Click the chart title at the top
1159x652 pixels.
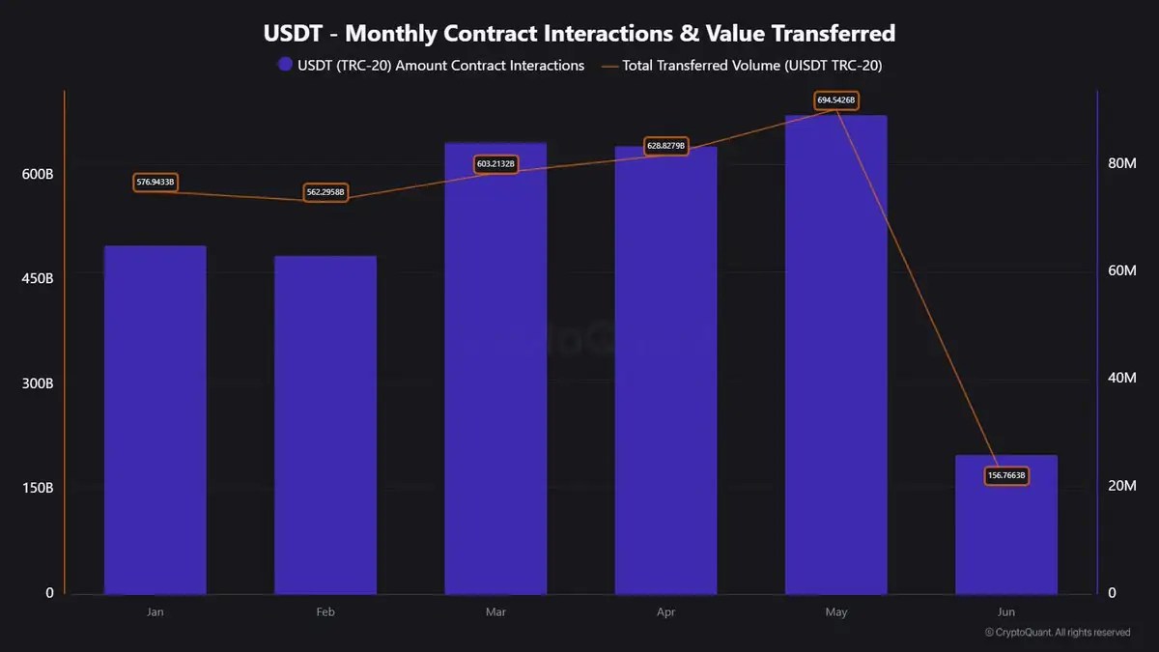tap(579, 34)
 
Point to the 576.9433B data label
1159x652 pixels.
tap(155, 182)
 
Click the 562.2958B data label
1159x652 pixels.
tap(325, 192)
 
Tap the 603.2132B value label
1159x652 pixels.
tap(495, 164)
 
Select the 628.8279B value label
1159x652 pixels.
tap(665, 146)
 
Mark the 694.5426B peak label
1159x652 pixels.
tap(836, 99)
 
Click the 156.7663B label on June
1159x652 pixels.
tap(1006, 475)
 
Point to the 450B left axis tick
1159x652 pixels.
tap(38, 278)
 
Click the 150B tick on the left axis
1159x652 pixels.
tap(38, 488)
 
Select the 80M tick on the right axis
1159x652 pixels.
tap(1121, 163)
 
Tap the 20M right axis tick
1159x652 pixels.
tap(1121, 486)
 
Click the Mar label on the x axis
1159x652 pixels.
tap(495, 612)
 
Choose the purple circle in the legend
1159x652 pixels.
tap(285, 65)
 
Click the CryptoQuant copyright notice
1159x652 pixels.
tap(1058, 633)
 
